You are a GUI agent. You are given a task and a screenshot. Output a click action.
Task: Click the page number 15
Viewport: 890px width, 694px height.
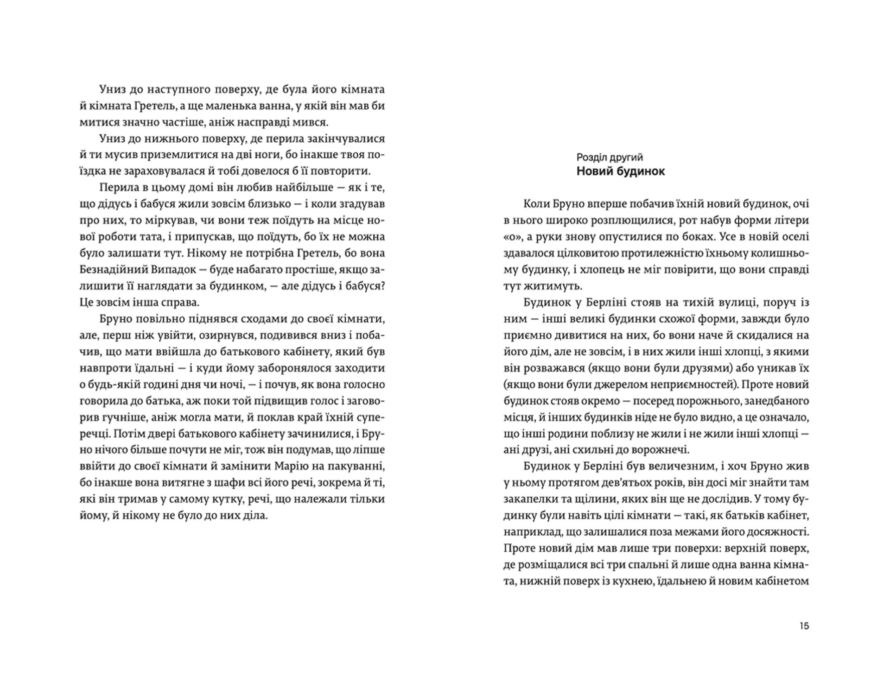804,626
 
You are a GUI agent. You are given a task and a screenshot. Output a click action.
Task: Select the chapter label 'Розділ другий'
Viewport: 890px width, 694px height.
610,157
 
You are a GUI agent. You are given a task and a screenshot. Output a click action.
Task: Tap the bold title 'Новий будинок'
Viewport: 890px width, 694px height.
621,171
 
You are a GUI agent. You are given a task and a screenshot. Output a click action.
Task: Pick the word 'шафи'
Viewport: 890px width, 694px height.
201,483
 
